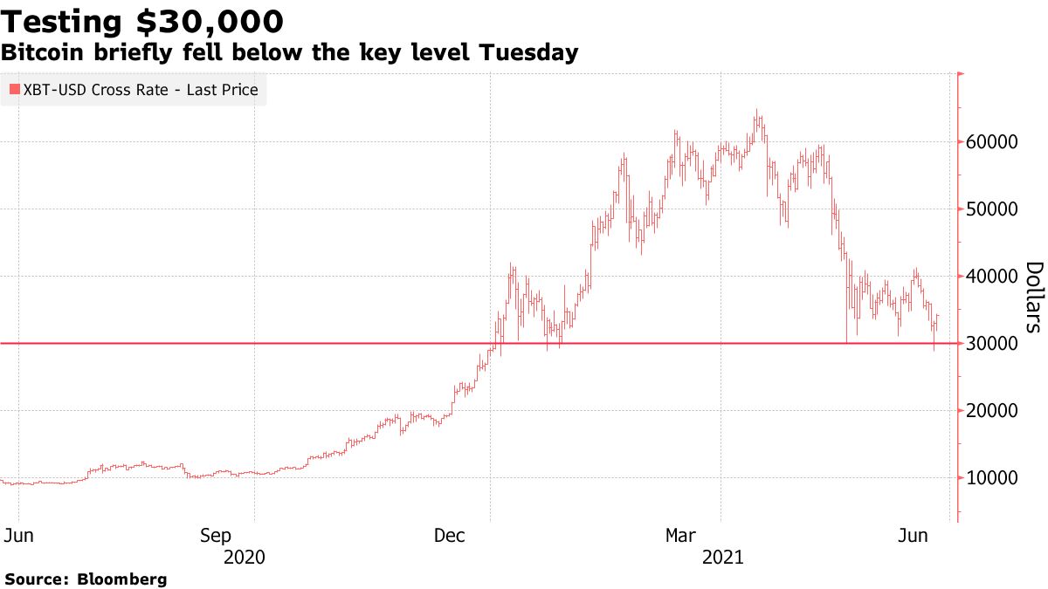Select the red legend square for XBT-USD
(13, 90)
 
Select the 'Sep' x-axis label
(216, 535)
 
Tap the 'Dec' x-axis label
(452, 535)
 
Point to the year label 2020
(245, 557)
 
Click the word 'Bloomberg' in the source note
(122, 579)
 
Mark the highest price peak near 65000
(757, 112)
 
